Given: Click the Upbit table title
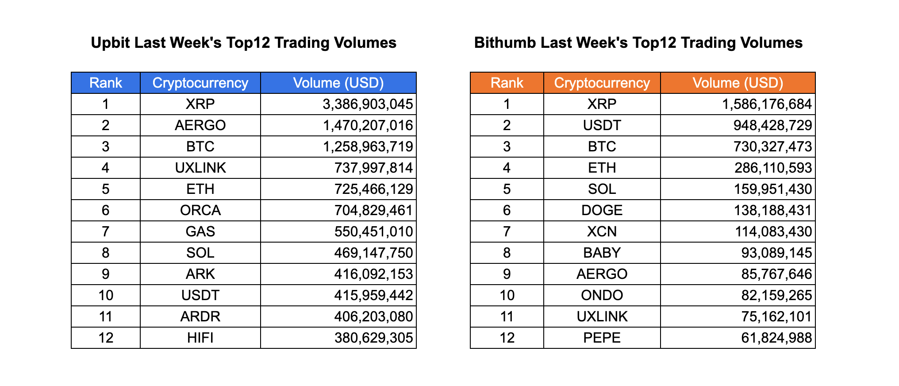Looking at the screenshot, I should [x=243, y=43].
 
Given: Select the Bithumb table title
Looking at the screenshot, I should [x=638, y=43].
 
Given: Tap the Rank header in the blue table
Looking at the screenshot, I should [x=105, y=83].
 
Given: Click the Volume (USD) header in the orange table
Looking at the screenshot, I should [x=738, y=83].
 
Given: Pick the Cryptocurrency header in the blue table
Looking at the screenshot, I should [x=200, y=83].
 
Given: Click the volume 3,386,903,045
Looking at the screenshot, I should [x=368, y=104].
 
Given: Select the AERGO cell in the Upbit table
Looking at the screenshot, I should [x=200, y=125].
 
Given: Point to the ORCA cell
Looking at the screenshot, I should [x=200, y=210].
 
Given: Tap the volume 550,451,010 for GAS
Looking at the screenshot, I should [x=373, y=232].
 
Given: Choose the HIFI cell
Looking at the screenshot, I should [x=200, y=338].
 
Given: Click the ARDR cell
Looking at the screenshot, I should [x=200, y=317].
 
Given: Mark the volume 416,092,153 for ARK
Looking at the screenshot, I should [x=373, y=274].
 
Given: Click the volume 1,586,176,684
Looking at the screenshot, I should [x=767, y=104].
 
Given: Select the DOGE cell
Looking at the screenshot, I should [x=602, y=210].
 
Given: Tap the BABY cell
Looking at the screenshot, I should [x=602, y=253].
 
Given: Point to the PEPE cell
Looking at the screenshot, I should [x=602, y=338].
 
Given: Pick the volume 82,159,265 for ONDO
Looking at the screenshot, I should [x=776, y=295].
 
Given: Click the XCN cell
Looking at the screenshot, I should [x=602, y=232].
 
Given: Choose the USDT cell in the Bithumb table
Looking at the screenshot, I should [x=602, y=125].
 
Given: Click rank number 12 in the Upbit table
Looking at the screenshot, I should [x=105, y=338].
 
